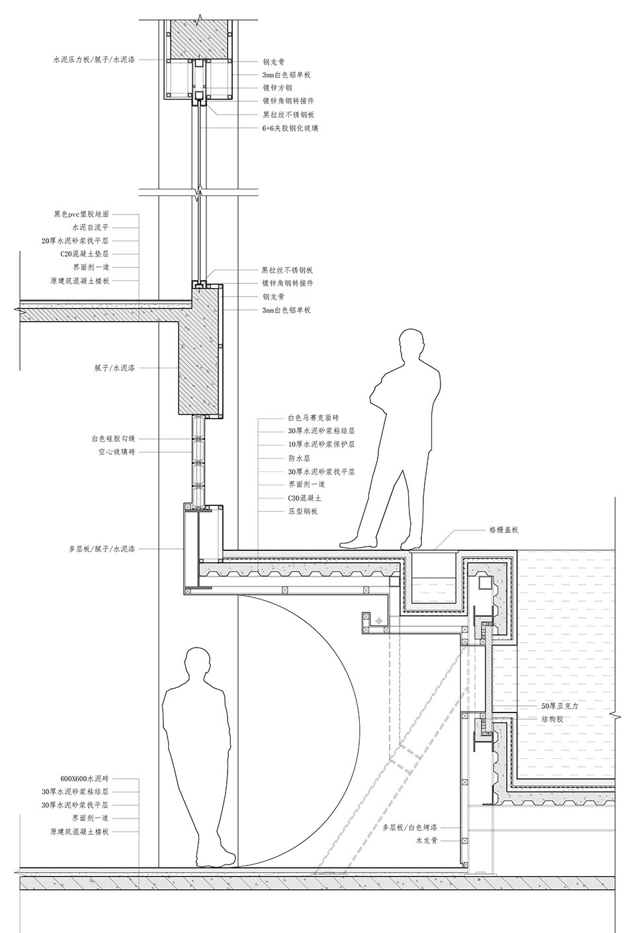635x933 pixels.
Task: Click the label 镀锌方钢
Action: click(x=277, y=88)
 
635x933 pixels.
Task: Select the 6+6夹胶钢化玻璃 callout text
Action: click(x=290, y=128)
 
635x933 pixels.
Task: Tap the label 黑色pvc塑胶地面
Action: click(x=81, y=214)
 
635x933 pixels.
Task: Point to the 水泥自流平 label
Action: click(x=91, y=227)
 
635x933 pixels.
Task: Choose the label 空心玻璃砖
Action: click(x=117, y=452)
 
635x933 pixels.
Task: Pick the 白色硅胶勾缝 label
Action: click(x=114, y=438)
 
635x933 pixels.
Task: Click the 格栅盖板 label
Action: click(x=504, y=530)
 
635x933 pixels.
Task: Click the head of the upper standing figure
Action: click(x=412, y=344)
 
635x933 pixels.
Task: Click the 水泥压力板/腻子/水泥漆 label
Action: click(x=94, y=60)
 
